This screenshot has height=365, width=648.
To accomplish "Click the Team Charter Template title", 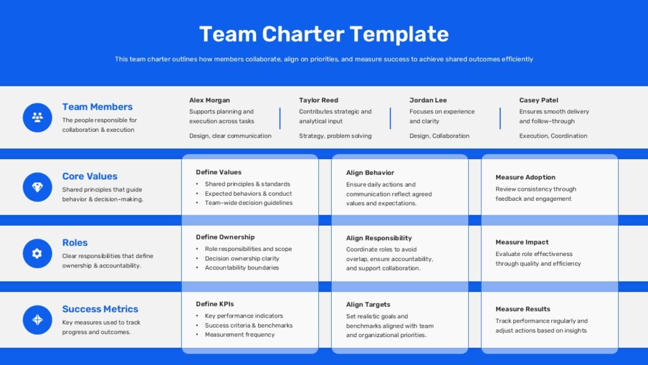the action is click(323, 34).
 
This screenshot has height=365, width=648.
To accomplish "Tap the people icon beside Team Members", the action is click(37, 117).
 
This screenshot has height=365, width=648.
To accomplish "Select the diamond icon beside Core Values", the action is click(37, 187).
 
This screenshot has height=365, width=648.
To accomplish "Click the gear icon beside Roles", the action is click(37, 253).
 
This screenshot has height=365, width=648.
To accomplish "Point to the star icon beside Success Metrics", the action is click(37, 319).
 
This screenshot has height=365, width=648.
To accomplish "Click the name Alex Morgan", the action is click(209, 100).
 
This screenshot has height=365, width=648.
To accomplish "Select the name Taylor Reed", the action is click(319, 100).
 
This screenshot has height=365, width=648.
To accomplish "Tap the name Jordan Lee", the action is click(428, 100).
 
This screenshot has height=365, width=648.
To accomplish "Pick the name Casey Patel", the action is click(539, 100).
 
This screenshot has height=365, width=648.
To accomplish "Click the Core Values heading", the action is click(90, 176).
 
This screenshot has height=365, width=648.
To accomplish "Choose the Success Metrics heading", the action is click(100, 309).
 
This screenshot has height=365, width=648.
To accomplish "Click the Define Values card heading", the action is click(218, 172).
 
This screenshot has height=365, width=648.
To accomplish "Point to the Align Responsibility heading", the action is click(379, 238).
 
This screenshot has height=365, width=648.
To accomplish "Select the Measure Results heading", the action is click(523, 309).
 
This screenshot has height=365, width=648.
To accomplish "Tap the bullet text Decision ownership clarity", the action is click(242, 259).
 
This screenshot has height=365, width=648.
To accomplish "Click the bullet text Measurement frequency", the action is click(240, 335).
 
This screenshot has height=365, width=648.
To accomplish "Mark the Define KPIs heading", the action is click(215, 304).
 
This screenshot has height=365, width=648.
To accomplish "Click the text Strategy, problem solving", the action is click(335, 136).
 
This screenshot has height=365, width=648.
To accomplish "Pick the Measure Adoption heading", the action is click(525, 177).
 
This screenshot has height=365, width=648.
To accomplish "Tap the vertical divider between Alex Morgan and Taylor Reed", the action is click(280, 118).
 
